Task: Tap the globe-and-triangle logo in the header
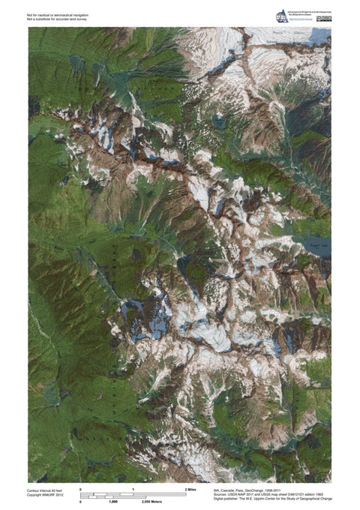(282, 16)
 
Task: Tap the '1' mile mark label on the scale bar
(133, 489)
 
